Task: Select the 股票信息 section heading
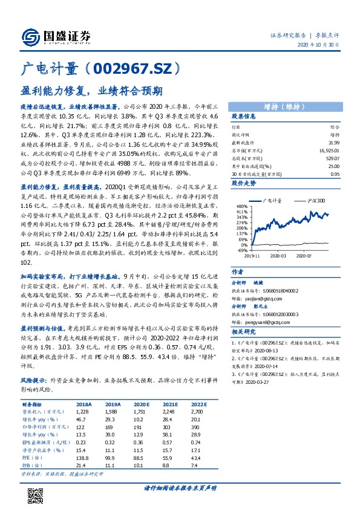[244, 116]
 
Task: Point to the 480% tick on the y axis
[241, 206]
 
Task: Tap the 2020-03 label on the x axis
[278, 256]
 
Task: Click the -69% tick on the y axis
[241, 250]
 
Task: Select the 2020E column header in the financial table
[125, 404]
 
